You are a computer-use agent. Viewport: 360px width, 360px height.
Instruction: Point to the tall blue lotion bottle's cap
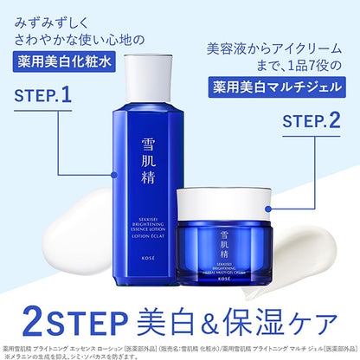pos(154,70)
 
